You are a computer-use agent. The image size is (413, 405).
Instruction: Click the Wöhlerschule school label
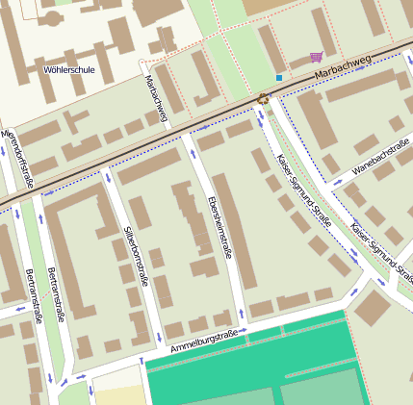(x=69, y=70)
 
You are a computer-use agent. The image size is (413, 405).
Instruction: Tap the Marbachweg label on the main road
(x=342, y=65)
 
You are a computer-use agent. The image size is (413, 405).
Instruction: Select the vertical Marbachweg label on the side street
(x=155, y=99)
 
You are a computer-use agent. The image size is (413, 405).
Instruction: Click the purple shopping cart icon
(x=317, y=57)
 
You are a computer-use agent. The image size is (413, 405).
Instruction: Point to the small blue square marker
(x=279, y=77)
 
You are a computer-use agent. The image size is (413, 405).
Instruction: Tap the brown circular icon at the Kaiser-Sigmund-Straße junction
(x=263, y=98)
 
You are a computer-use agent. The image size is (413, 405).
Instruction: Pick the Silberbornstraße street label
(x=136, y=257)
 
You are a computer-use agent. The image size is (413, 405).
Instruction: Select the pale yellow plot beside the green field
(x=117, y=395)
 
